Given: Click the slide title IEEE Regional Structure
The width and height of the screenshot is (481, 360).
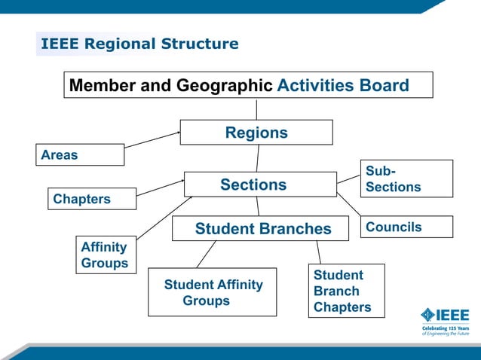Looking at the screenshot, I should point(139,44).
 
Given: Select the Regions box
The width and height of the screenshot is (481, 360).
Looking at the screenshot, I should point(256,133).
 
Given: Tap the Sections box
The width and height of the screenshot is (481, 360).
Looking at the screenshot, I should point(260,185).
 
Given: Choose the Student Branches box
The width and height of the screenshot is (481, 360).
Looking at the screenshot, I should point(261,228).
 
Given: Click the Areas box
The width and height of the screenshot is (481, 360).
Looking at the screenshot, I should point(79,155).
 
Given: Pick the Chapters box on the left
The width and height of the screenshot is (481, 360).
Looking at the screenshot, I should point(92,199).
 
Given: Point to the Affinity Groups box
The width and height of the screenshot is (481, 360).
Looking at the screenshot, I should point(105,255).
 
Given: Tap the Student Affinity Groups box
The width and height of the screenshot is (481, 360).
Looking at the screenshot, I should point(213,292).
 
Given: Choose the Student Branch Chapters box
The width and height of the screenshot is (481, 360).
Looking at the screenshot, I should point(346,291).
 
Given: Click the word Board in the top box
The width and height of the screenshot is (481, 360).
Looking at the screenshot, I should point(383,85).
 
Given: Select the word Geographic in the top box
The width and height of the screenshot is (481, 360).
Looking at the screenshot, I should point(225,85).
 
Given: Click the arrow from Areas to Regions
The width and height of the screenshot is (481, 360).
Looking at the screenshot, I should point(152,139).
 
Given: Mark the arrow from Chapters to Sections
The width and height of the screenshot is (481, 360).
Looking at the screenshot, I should point(161,187).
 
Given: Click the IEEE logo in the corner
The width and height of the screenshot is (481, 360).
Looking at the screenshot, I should point(445,315).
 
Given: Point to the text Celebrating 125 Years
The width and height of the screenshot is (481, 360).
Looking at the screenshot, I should point(445,328).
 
